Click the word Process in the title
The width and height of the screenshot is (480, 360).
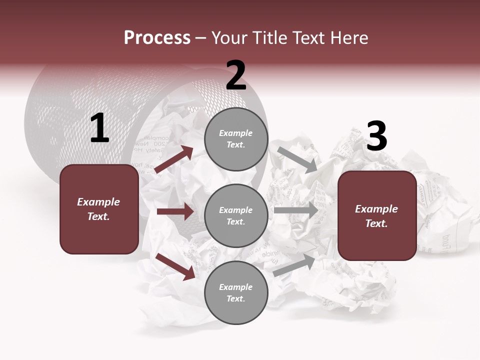click(157, 37)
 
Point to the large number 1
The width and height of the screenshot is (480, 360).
click(99, 128)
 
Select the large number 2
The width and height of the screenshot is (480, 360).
click(236, 75)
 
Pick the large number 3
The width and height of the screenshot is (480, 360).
click(376, 136)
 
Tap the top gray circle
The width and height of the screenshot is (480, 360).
click(236, 139)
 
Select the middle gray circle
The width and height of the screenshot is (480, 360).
click(236, 215)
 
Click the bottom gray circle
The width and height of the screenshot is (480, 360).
click(236, 292)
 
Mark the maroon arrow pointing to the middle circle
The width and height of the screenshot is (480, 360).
click(175, 211)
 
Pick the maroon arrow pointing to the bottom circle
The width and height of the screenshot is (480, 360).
click(175, 266)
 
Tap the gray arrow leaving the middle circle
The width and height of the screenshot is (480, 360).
click(296, 210)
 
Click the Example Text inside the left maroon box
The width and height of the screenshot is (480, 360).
click(98, 209)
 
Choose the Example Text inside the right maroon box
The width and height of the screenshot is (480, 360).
click(376, 216)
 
